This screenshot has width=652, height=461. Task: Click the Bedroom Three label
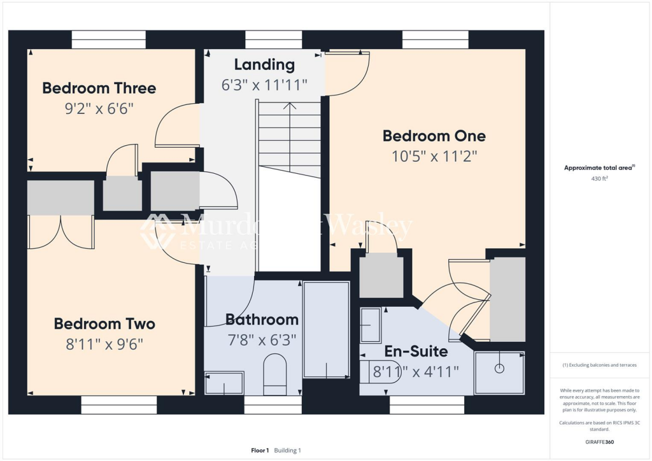[x=99, y=88]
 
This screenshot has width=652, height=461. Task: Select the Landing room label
[x=264, y=64]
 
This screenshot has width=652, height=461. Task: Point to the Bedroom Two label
[x=104, y=323]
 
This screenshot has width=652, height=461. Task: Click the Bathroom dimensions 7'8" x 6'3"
[x=261, y=340]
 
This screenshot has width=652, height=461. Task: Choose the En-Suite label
[x=416, y=351]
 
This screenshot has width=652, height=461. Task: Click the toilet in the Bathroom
[x=275, y=370]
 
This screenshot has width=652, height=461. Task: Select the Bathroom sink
[x=223, y=383]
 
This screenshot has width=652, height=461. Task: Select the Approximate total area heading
[x=599, y=167]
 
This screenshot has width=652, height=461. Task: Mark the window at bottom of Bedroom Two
[x=118, y=405]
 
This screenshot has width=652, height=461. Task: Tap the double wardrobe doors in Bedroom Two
[x=61, y=232]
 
